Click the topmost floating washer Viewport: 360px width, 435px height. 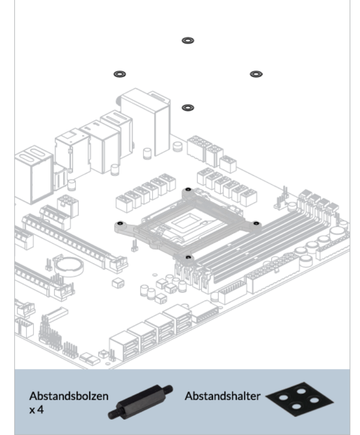(188, 41)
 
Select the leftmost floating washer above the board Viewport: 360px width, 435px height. (120, 74)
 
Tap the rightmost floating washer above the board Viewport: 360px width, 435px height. (256, 74)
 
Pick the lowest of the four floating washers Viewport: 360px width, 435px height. (188, 108)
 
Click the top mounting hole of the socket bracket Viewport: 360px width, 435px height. (188, 189)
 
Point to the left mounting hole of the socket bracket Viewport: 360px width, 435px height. (120, 223)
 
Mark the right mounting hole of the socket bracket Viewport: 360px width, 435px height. (256, 223)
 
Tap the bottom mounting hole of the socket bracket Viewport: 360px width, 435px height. (188, 257)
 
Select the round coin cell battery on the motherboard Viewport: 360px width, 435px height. (69, 266)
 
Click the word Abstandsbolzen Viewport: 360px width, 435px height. (69, 396)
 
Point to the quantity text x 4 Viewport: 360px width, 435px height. (37, 410)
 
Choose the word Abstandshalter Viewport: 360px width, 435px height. (223, 396)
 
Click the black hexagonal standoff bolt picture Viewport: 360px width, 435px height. (140, 401)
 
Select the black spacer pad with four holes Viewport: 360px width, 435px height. (300, 399)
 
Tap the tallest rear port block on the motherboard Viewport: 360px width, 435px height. (145, 122)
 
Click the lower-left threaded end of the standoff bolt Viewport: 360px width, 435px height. (113, 414)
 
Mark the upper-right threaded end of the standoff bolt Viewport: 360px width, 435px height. (168, 389)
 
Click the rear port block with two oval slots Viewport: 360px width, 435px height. (33, 175)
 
